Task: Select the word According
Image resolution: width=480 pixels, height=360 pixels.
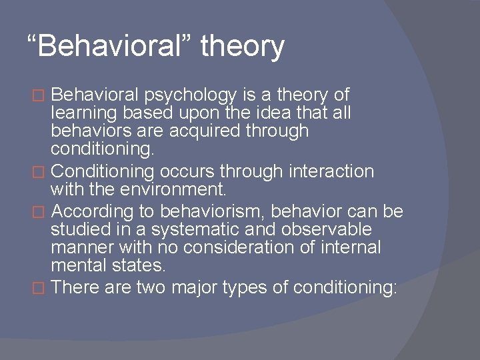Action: (x=89, y=211)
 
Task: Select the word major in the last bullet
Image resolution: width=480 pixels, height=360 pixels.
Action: (x=199, y=287)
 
